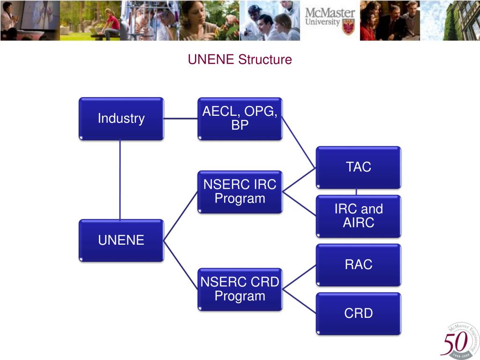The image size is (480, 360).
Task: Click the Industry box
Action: coord(121,119)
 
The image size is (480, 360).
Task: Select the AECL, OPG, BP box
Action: coord(240,119)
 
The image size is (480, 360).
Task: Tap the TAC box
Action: coord(359,167)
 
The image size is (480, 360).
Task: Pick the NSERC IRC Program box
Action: coord(240,192)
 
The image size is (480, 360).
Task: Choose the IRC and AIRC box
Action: coord(359,216)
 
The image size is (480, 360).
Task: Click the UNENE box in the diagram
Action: coord(121,240)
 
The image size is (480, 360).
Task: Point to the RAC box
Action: coord(359,265)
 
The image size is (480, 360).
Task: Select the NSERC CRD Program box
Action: coord(240,289)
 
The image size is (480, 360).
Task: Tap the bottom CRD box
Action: coord(359,314)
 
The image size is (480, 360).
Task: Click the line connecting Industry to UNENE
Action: coord(120,180)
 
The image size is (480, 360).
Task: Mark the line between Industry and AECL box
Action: coord(180,119)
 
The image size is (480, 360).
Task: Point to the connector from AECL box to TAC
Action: coord(299,143)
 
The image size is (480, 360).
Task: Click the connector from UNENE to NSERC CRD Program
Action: coord(180,265)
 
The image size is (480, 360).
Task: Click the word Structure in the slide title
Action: coord(265,60)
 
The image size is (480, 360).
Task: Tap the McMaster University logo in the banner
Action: coord(330,20)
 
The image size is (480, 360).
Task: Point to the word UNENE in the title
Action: coord(211,60)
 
